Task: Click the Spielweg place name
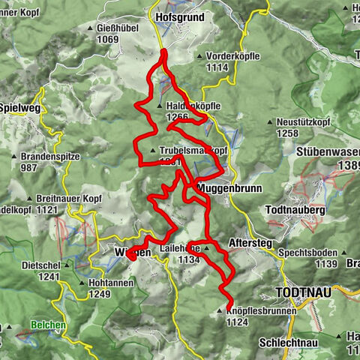[21, 106]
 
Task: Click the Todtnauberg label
[296, 211]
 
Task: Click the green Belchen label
[48, 325]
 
